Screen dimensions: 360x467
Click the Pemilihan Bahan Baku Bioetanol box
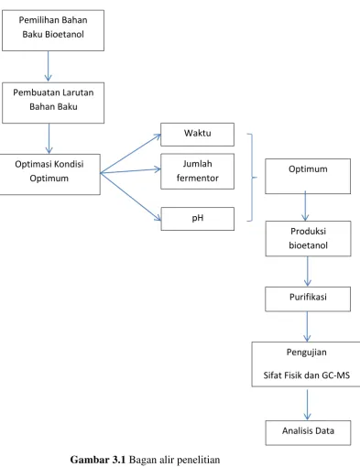53,30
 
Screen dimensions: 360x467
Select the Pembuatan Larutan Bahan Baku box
53,103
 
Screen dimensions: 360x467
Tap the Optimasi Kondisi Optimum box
49,174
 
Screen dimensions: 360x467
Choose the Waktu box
197,135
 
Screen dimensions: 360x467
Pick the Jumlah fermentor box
197,171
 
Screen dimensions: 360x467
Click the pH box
198,219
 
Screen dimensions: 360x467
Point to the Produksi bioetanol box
308,238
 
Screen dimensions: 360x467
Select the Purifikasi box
308,299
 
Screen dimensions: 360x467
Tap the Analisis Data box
308,433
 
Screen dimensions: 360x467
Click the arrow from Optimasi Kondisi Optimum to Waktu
130,154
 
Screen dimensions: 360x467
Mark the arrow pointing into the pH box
131,197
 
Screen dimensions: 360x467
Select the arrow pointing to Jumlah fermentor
130,171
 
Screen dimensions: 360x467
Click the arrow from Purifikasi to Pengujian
307,326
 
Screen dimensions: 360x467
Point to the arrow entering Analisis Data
307,405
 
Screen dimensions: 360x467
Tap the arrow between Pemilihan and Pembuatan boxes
48,66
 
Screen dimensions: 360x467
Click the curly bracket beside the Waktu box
252,177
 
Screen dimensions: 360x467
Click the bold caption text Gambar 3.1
98,460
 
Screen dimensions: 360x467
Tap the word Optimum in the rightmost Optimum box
308,169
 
